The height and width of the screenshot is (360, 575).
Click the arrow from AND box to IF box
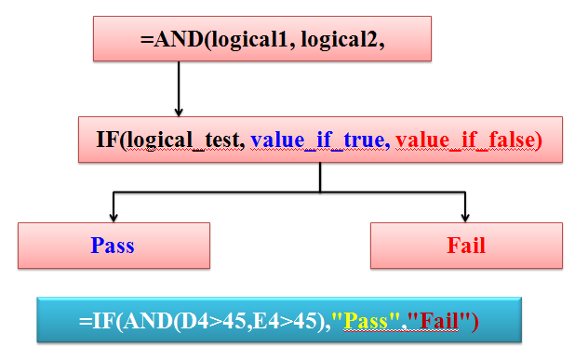(177, 88)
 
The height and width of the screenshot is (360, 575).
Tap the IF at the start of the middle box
(107, 140)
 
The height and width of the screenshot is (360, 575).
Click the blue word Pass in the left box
(113, 246)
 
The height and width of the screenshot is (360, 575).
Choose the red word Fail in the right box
(466, 246)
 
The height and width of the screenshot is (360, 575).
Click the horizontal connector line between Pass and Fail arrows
(288, 193)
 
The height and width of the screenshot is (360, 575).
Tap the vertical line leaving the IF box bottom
(321, 178)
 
